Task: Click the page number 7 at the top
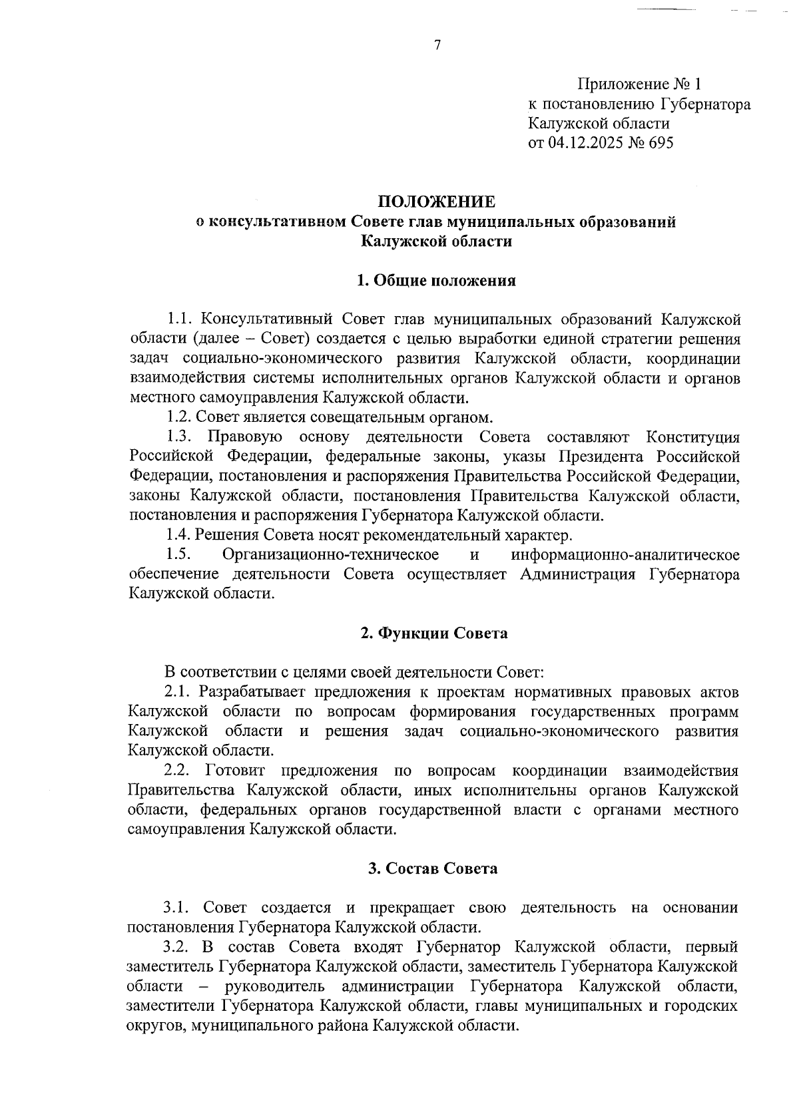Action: point(437,45)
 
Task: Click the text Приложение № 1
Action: point(639,85)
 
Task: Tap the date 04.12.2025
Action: point(585,143)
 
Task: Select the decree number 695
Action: point(659,143)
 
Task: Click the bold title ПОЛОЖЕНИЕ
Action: point(437,202)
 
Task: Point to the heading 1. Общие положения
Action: point(437,280)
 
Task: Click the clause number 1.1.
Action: point(178,319)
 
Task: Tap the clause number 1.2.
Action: point(178,417)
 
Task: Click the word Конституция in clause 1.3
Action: point(693,437)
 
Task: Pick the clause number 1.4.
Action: point(178,535)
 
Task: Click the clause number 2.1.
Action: point(178,692)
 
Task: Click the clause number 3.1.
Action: point(178,908)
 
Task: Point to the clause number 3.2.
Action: point(178,947)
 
